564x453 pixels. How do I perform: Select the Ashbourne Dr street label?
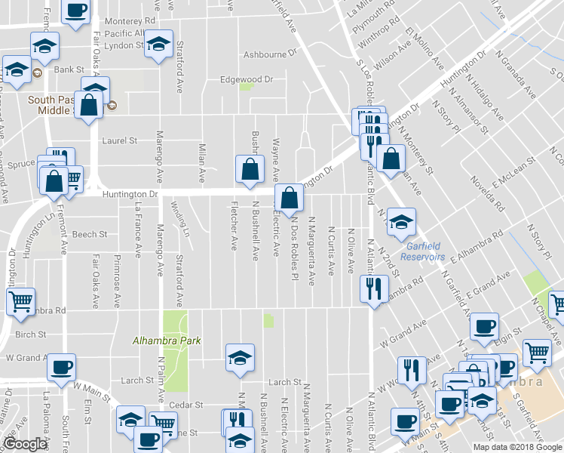[x=271, y=55]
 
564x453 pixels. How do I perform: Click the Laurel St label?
[x=119, y=140]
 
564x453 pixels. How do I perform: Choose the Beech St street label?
[x=90, y=235]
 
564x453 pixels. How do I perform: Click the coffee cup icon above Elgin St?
[x=483, y=326]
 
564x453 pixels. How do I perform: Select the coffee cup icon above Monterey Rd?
[x=75, y=11]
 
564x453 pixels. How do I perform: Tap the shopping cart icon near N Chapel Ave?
[x=536, y=351]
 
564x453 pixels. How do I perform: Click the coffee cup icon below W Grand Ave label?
[x=61, y=367]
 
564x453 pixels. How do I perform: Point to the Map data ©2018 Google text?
[x=517, y=447]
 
